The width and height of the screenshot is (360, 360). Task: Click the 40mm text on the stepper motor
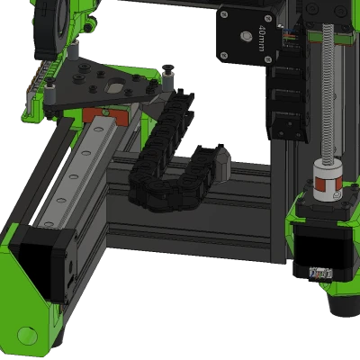click(x=261, y=39)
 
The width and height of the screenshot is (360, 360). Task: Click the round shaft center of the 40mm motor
click(x=243, y=36)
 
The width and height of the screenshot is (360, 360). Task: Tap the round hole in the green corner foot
click(x=27, y=336)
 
